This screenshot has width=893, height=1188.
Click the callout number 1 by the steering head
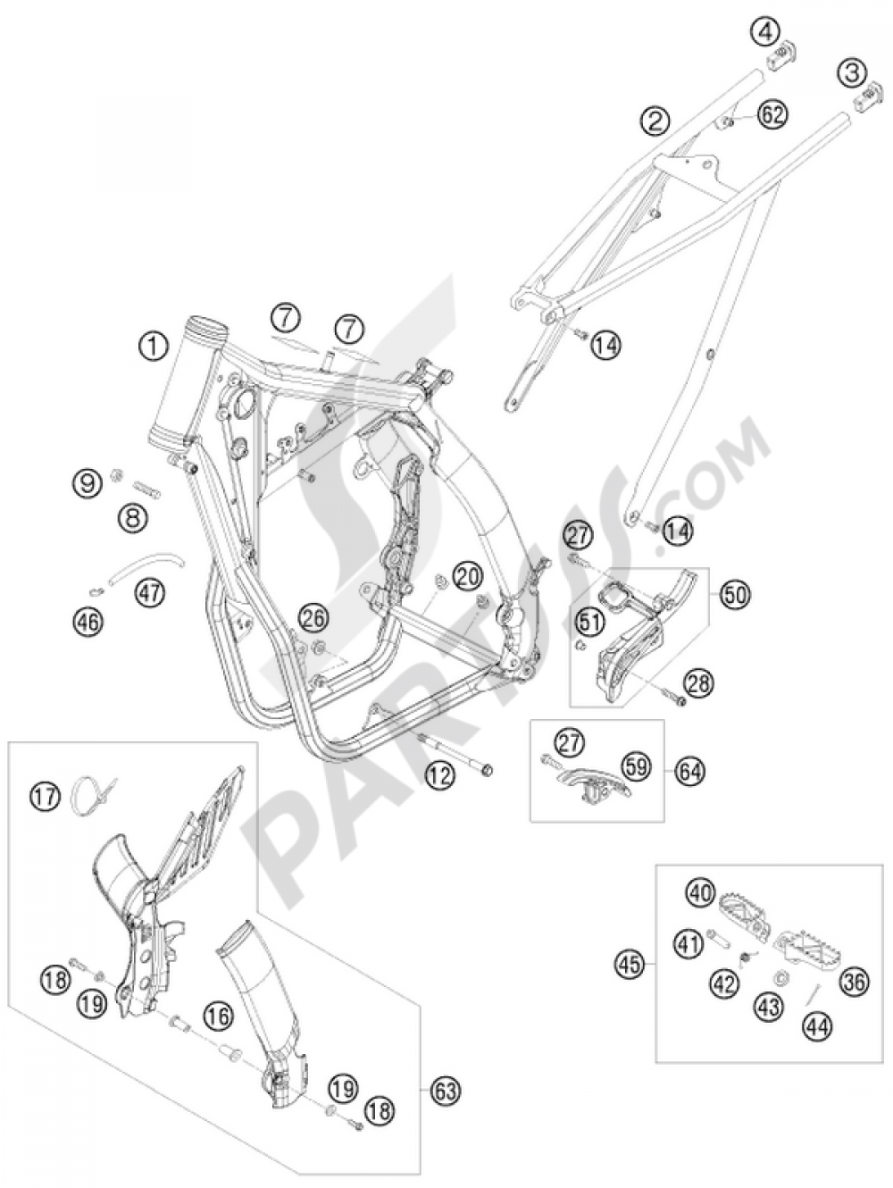(155, 347)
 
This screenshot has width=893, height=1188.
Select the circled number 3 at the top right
(852, 73)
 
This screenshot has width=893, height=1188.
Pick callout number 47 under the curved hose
(149, 594)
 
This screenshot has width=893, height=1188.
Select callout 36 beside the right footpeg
(854, 981)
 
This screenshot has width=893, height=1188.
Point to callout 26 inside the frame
(315, 618)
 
